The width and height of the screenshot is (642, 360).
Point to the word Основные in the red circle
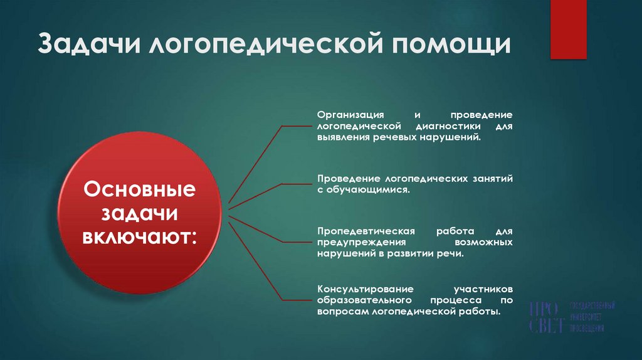click(x=140, y=189)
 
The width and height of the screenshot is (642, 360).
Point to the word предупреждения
click(x=354, y=242)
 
